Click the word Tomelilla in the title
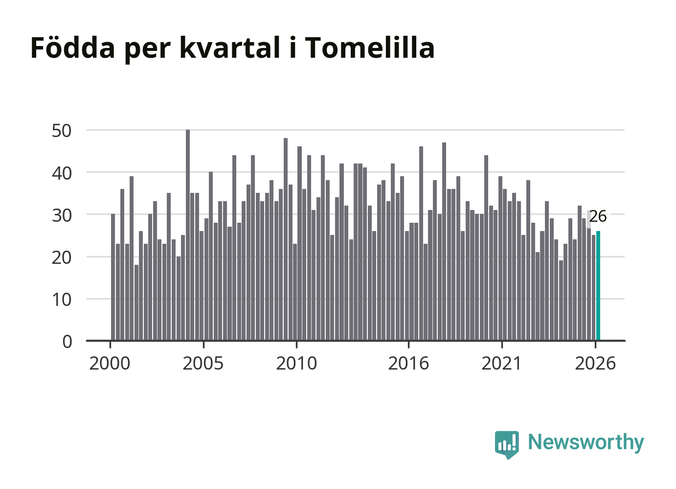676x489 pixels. point(370,47)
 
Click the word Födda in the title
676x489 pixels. point(73,47)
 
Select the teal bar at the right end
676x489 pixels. point(598,286)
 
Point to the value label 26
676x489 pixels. point(598,216)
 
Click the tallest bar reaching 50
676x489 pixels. point(188,235)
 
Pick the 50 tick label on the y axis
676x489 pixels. point(62,131)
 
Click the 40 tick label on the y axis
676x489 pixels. point(62,173)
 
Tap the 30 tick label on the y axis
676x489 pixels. point(62,215)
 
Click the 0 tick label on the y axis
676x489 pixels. point(67,342)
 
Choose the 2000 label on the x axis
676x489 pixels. point(110,363)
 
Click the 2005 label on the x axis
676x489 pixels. point(203,363)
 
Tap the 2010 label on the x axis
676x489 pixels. point(296,363)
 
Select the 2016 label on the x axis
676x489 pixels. point(408,363)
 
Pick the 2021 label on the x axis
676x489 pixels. point(501,363)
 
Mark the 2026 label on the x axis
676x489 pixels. point(595,363)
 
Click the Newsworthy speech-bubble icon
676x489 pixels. point(507,444)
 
